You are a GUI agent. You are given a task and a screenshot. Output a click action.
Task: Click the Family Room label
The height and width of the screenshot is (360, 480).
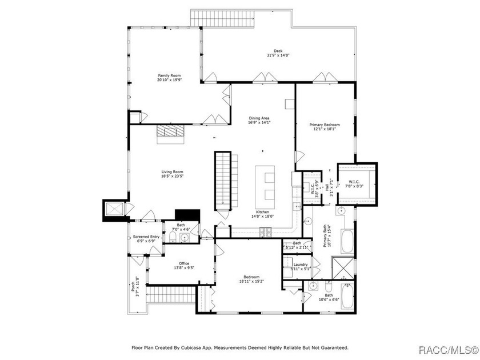(x=169, y=75)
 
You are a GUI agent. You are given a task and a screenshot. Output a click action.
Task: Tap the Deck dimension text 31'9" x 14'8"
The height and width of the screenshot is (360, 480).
(x=278, y=55)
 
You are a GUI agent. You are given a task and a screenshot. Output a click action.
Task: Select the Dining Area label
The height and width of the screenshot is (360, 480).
(x=258, y=118)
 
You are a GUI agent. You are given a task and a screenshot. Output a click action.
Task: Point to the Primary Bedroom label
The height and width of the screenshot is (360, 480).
(x=325, y=125)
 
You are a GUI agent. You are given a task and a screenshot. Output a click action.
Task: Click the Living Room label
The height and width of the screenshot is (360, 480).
(x=171, y=171)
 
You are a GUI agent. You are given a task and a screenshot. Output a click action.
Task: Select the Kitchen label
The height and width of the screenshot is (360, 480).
(x=262, y=212)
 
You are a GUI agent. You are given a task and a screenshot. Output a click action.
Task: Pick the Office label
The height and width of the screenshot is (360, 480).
(x=183, y=263)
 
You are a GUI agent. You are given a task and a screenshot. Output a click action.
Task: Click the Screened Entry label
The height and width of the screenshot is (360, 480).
(x=146, y=237)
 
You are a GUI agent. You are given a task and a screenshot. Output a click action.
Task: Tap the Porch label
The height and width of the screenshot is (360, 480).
(x=133, y=283)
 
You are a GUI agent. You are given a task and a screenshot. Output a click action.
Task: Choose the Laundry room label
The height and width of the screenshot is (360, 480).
(x=301, y=265)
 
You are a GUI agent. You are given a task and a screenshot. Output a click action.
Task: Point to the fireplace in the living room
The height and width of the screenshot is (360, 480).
(x=171, y=131)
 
